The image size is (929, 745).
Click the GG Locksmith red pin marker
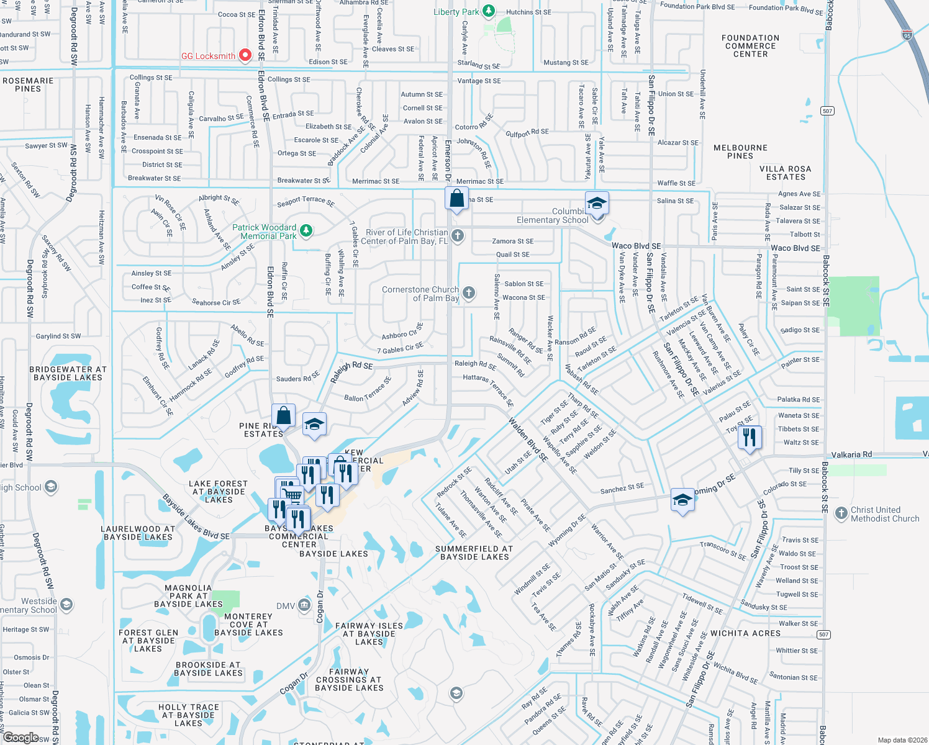(x=245, y=55)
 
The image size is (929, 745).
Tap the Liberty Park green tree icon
(x=489, y=11)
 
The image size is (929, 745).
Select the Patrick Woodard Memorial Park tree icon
(x=306, y=231)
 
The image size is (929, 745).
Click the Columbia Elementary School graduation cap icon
(x=597, y=204)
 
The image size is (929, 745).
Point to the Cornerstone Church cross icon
(x=469, y=292)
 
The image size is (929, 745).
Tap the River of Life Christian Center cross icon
(x=458, y=235)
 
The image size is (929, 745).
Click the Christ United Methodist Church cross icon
(x=841, y=513)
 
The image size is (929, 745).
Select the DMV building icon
(x=304, y=605)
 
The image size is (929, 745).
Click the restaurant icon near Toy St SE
(x=750, y=437)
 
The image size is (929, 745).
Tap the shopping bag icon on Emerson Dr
(x=456, y=199)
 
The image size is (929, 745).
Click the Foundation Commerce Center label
(x=750, y=46)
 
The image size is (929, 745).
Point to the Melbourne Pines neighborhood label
(x=740, y=152)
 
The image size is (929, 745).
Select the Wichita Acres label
(x=745, y=633)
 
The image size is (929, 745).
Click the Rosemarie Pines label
(x=28, y=85)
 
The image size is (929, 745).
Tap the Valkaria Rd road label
(x=851, y=454)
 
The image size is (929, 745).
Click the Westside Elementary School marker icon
(x=66, y=604)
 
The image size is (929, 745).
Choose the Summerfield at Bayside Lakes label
(x=474, y=553)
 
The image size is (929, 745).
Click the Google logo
(x=20, y=738)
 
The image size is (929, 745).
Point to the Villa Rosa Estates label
(x=786, y=173)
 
